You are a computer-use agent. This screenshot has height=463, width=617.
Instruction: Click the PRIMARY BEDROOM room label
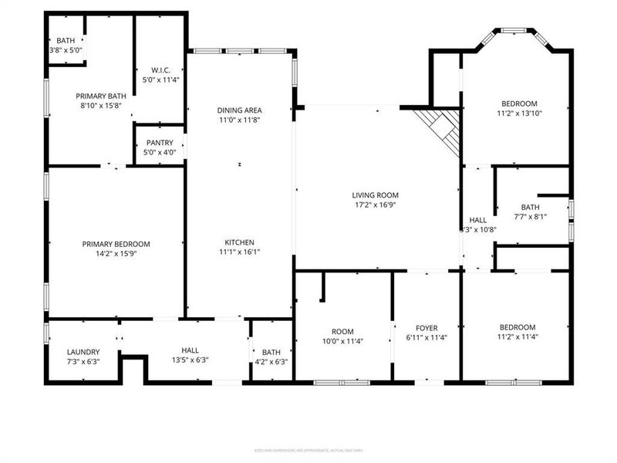pos(116,244)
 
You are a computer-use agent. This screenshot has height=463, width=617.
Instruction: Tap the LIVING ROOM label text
pos(376,195)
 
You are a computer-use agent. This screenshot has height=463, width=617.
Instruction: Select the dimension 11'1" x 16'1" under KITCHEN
pos(239,252)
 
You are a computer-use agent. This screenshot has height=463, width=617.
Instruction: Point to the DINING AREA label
pos(239,110)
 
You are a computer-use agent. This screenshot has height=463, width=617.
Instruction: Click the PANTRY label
pos(160,143)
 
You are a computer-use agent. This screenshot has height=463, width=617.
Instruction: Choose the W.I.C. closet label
pos(160,70)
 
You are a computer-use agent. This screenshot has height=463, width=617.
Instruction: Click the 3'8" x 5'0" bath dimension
pos(66,50)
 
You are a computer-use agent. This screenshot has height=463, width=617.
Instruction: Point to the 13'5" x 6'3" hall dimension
pos(190,360)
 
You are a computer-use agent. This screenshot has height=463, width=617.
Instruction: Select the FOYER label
pos(427,327)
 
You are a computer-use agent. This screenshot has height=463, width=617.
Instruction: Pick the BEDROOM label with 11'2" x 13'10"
pos(519,103)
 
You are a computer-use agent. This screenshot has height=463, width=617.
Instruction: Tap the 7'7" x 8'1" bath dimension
pos(530,217)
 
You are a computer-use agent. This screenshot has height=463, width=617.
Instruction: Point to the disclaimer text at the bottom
pos(308,451)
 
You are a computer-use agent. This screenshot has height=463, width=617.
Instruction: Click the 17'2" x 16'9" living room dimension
pos(376,205)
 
